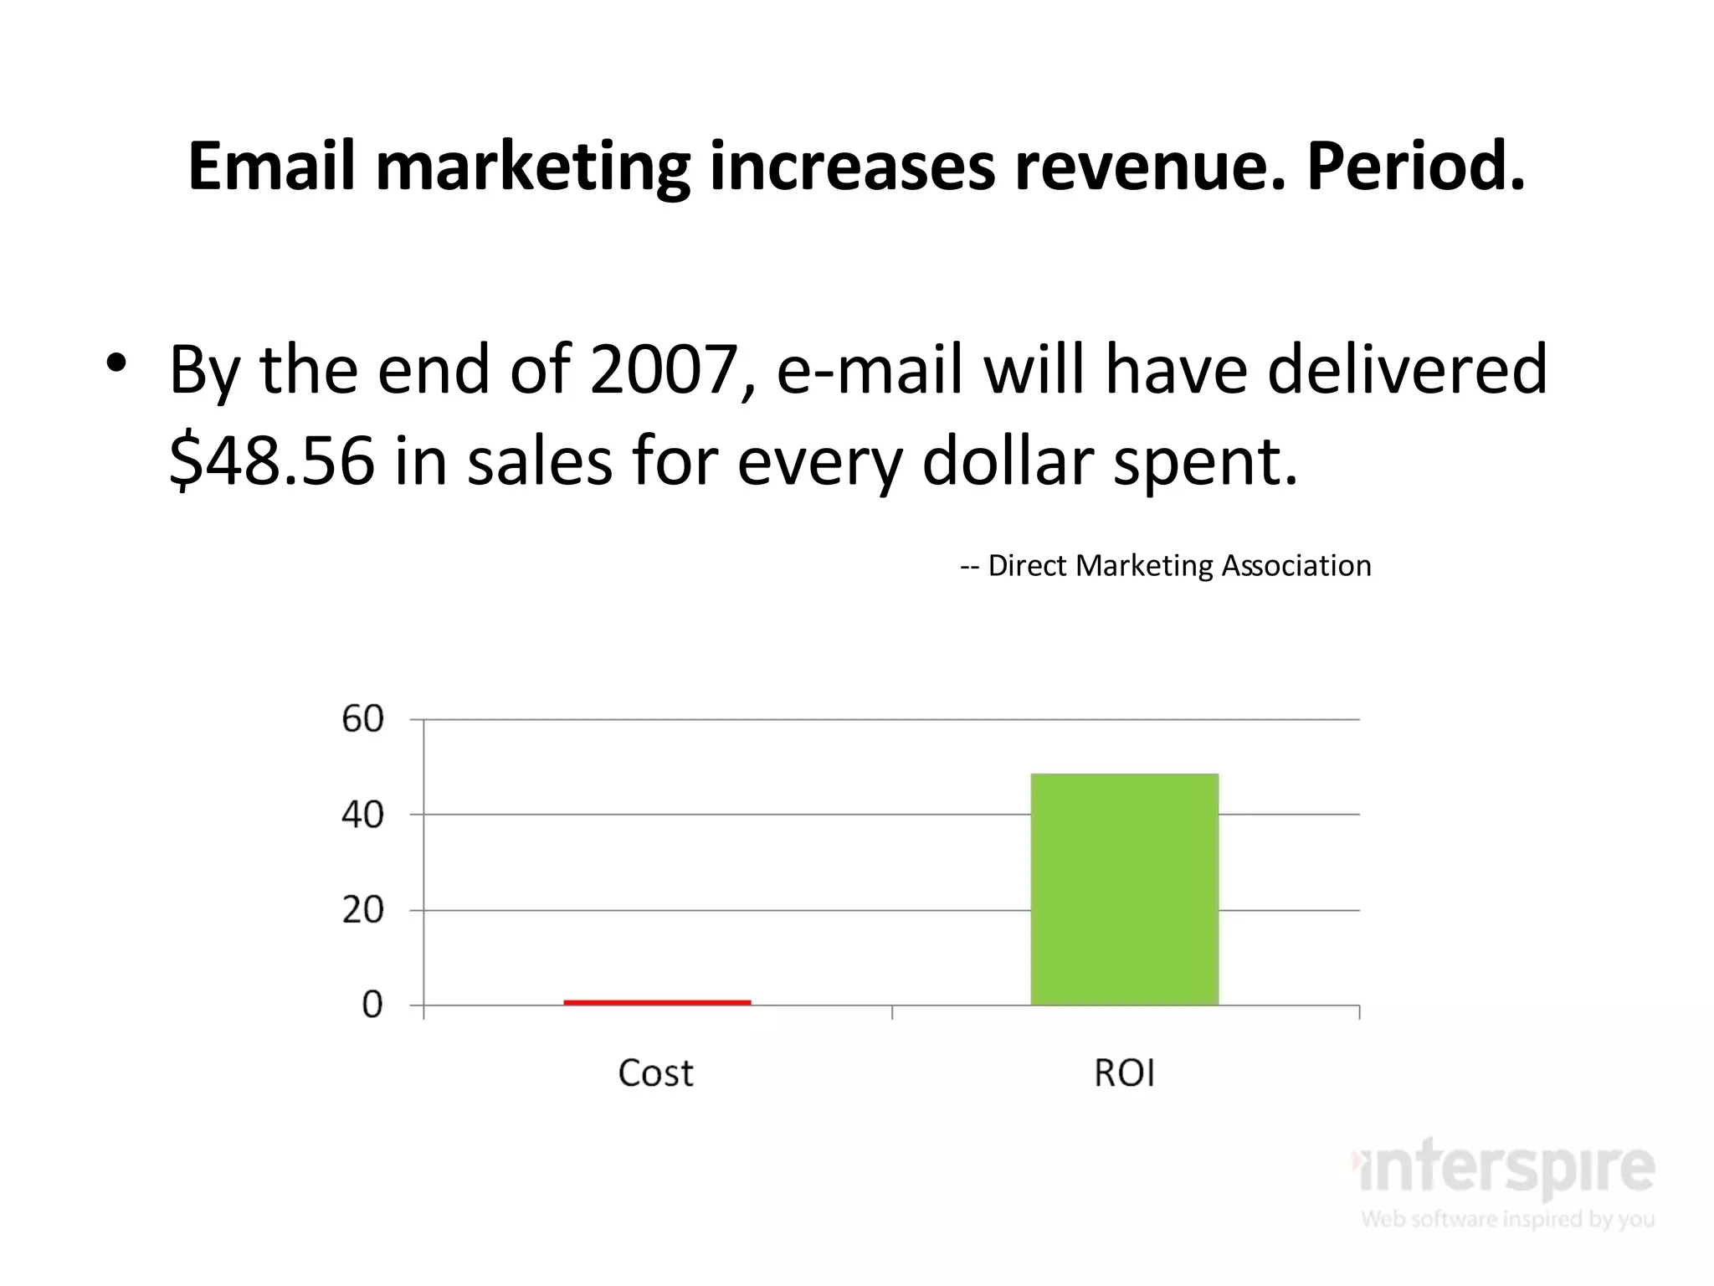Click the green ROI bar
tap(1124, 889)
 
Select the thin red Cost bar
tap(657, 1001)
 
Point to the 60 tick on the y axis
tap(362, 719)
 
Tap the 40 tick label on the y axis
tap(362, 815)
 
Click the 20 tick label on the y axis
tap(362, 910)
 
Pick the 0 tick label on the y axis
tap(372, 1005)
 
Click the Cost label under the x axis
tap(655, 1073)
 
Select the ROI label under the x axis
tap(1124, 1073)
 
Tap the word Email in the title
tap(271, 167)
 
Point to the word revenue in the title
tap(1149, 167)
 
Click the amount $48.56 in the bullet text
tap(272, 461)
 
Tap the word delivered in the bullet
tap(1406, 370)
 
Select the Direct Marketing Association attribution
tap(1166, 566)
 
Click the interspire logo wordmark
tap(1504, 1167)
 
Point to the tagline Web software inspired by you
tap(1507, 1219)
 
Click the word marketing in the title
tap(532, 167)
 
